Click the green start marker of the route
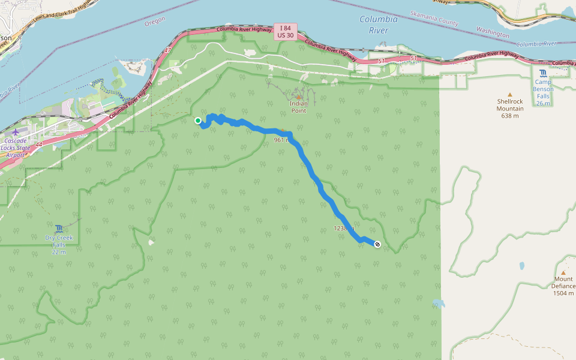198,121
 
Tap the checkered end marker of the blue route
377,244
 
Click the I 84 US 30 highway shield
285,32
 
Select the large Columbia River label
379,25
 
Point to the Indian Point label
298,107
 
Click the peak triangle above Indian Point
298,97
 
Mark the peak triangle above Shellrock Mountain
510,94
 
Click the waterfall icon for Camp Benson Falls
543,74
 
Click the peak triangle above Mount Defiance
563,272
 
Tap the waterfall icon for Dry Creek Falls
59,228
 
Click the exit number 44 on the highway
38,145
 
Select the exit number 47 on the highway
167,51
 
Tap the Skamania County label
434,17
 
